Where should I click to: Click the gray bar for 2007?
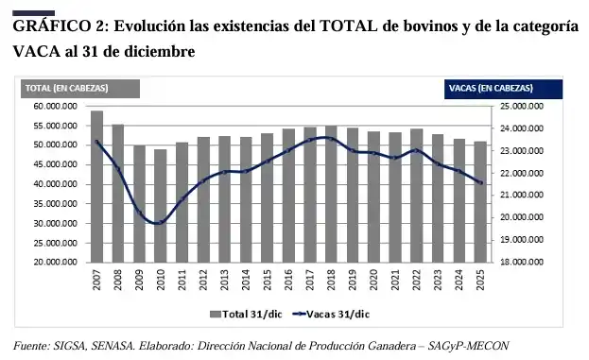[97, 186]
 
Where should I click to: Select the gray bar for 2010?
[161, 206]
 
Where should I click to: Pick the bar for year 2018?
[331, 194]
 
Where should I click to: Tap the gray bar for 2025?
[480, 202]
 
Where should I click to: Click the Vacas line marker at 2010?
[161, 222]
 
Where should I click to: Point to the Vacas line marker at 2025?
[480, 182]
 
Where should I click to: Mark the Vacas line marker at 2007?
[97, 142]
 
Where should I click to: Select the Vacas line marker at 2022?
[416, 150]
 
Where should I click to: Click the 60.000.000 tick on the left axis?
[56, 106]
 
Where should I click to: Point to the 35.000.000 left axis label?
[56, 204]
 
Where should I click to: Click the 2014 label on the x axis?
[246, 280]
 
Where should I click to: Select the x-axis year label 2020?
[373, 280]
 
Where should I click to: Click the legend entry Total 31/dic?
[246, 315]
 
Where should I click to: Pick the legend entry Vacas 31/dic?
[331, 315]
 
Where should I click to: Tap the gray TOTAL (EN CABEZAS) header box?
[80, 89]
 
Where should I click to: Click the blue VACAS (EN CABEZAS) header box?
[503, 89]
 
